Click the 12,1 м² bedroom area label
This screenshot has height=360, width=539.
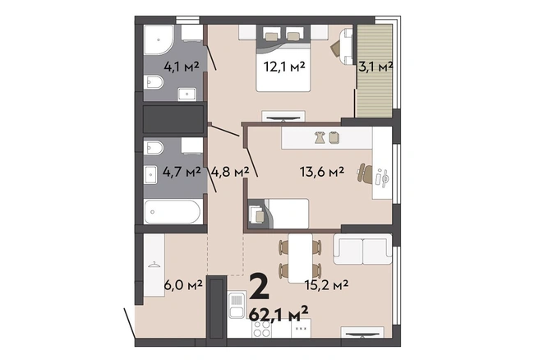(284, 67)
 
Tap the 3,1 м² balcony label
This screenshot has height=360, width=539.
(375, 67)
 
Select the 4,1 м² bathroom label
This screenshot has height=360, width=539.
(182, 66)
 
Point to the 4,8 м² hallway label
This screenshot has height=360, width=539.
(230, 171)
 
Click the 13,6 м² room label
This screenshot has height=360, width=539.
(322, 171)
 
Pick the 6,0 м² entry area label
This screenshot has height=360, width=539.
(183, 285)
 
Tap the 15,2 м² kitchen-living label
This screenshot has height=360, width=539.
(326, 284)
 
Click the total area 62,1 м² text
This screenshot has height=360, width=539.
(279, 314)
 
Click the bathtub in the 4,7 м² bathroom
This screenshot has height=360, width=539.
(172, 212)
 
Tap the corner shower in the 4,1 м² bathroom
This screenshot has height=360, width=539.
(159, 40)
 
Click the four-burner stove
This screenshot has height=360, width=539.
(261, 328)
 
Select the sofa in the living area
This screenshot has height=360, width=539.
(362, 249)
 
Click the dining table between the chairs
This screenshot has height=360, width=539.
(300, 258)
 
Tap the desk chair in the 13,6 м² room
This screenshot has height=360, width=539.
(364, 173)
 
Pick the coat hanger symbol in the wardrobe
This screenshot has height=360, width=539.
(154, 265)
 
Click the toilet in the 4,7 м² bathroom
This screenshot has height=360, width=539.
(154, 148)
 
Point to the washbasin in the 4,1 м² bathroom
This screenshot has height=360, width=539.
(187, 95)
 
